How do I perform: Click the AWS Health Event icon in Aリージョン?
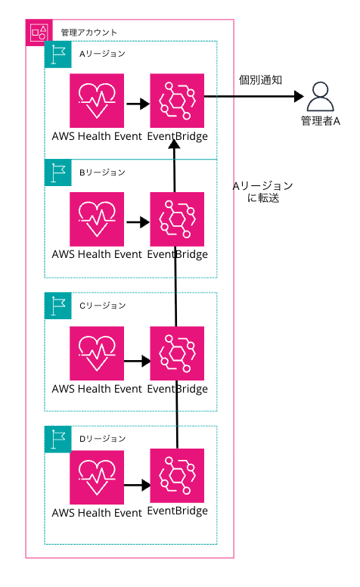[x=96, y=101]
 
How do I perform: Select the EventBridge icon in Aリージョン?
[x=177, y=101]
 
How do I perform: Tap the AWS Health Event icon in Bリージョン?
[x=96, y=219]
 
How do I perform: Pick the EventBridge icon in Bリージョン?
[x=177, y=219]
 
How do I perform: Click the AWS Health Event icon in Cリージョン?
[x=96, y=354]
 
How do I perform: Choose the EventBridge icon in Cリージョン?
[x=177, y=354]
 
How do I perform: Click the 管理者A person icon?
[x=321, y=97]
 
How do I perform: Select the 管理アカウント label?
[x=88, y=32]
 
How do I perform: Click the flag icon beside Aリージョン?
[x=57, y=54]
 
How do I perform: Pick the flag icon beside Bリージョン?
[x=57, y=172]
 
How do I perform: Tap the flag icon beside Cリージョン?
[x=57, y=306]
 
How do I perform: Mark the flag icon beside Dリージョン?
[x=57, y=439]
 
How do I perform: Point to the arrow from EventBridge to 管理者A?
[x=254, y=97]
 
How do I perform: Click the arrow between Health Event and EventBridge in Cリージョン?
[x=136, y=361]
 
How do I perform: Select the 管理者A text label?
[x=321, y=122]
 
